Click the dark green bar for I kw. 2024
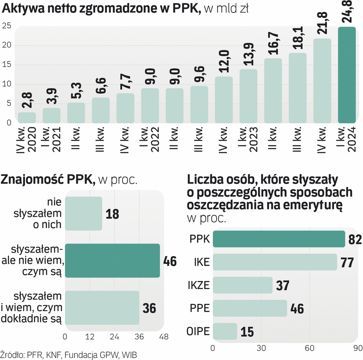[347, 75]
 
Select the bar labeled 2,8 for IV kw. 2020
[27, 118]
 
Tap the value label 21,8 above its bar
[323, 24]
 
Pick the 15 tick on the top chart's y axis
[7, 65]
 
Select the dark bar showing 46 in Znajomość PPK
[112, 261]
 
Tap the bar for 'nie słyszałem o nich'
[83, 213]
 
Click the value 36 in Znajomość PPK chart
[149, 308]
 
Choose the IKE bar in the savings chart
[275, 262]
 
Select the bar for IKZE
[243, 285]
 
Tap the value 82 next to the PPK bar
[355, 239]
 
